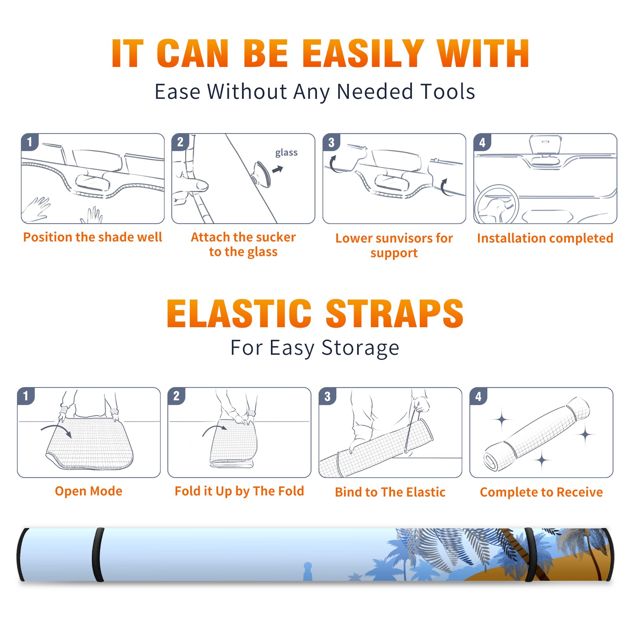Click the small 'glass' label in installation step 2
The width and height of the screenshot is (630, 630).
click(x=286, y=153)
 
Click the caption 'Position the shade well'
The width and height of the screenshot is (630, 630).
click(x=93, y=237)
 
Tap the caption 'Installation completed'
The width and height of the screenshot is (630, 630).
click(x=545, y=238)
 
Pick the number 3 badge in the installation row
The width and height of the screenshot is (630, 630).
click(x=331, y=142)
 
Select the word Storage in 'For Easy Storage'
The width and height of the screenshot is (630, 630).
click(x=360, y=348)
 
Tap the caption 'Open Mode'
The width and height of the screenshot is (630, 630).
click(x=89, y=491)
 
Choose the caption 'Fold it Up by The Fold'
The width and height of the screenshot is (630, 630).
click(x=239, y=491)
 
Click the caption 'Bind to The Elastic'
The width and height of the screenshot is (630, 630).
click(x=390, y=492)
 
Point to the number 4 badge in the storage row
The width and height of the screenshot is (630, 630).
click(x=478, y=396)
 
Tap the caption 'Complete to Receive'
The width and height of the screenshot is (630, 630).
click(x=541, y=492)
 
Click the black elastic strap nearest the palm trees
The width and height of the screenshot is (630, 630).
click(x=530, y=555)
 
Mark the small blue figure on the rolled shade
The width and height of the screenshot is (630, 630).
click(x=308, y=571)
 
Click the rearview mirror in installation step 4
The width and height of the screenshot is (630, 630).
click(x=545, y=145)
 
